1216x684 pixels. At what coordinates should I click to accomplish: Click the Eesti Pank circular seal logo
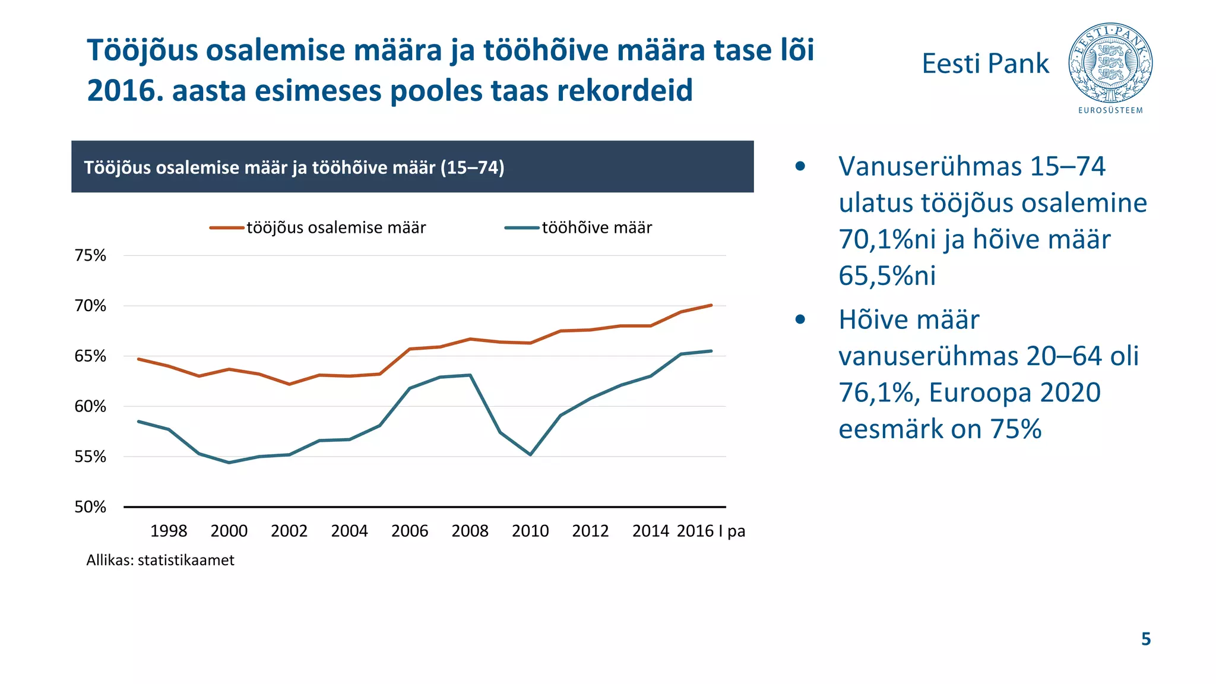pyautogui.click(x=1110, y=63)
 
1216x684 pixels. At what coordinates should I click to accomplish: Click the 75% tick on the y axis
pyautogui.click(x=90, y=255)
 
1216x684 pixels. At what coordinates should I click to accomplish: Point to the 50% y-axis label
pyautogui.click(x=90, y=507)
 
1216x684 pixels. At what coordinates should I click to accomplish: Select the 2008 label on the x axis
pyautogui.click(x=470, y=531)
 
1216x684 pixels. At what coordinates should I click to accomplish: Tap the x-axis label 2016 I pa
pyautogui.click(x=711, y=531)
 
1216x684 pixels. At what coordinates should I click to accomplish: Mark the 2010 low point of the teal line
pyautogui.click(x=530, y=454)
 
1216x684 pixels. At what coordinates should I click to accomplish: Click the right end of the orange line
pyautogui.click(x=711, y=305)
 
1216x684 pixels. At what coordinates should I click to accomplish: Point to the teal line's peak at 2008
pyautogui.click(x=470, y=375)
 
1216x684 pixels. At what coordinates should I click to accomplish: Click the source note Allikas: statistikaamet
pyautogui.click(x=160, y=560)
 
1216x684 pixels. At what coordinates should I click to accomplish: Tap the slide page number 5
pyautogui.click(x=1146, y=639)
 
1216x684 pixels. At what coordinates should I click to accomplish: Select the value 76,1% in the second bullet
pyautogui.click(x=878, y=392)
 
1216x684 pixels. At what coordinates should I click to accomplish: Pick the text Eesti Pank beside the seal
pyautogui.click(x=985, y=64)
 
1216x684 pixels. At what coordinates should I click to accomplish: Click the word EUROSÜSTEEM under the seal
pyautogui.click(x=1110, y=110)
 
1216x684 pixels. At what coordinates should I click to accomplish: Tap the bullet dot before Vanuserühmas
pyautogui.click(x=800, y=166)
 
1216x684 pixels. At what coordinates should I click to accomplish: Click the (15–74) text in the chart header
pyautogui.click(x=473, y=167)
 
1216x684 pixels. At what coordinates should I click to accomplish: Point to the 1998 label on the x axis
pyautogui.click(x=169, y=531)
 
